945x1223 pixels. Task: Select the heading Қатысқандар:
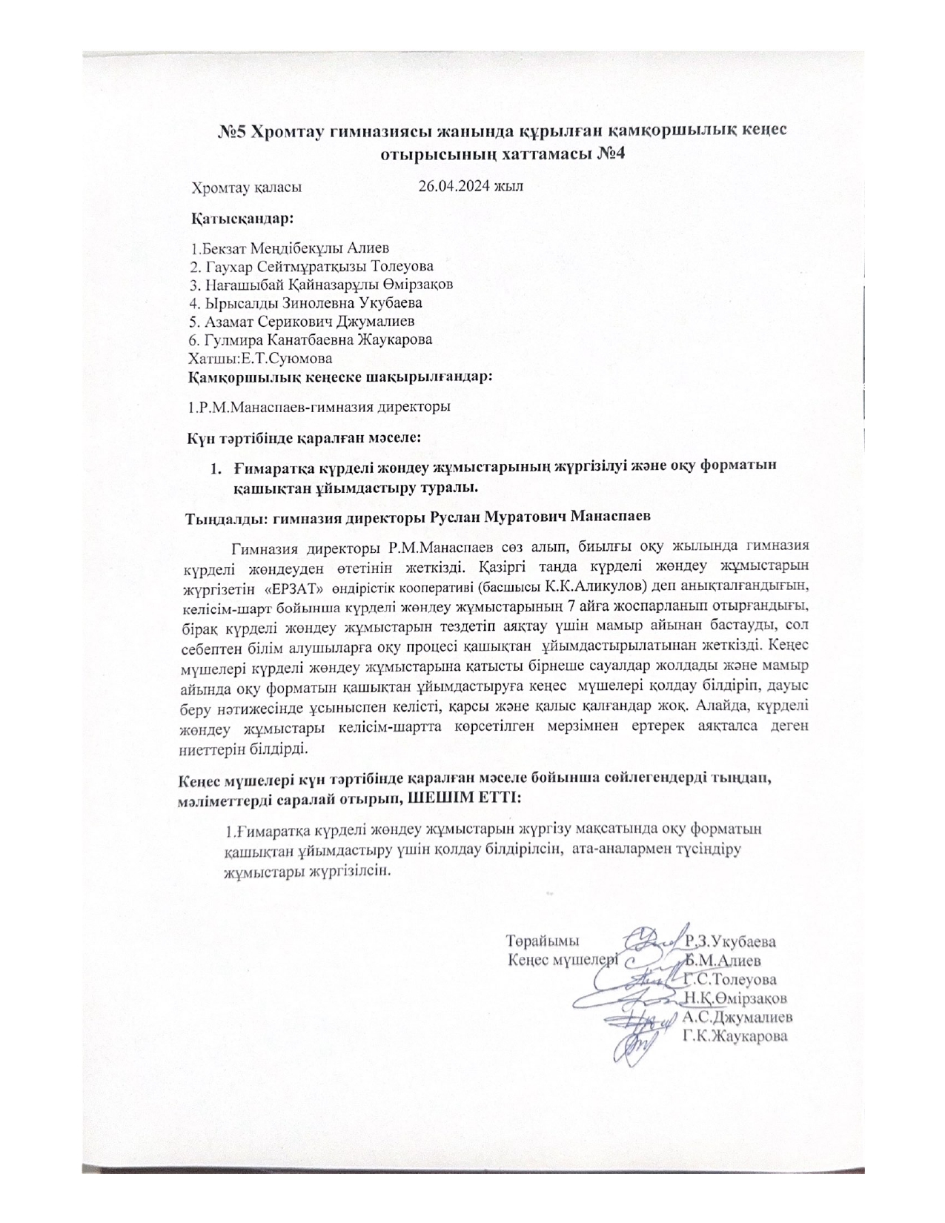pyautogui.click(x=242, y=219)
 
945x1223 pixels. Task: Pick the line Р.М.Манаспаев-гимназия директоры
pyautogui.click(x=320, y=406)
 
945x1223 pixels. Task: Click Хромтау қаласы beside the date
pyautogui.click(x=247, y=187)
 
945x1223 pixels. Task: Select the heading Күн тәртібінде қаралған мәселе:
pyautogui.click(x=305, y=438)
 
